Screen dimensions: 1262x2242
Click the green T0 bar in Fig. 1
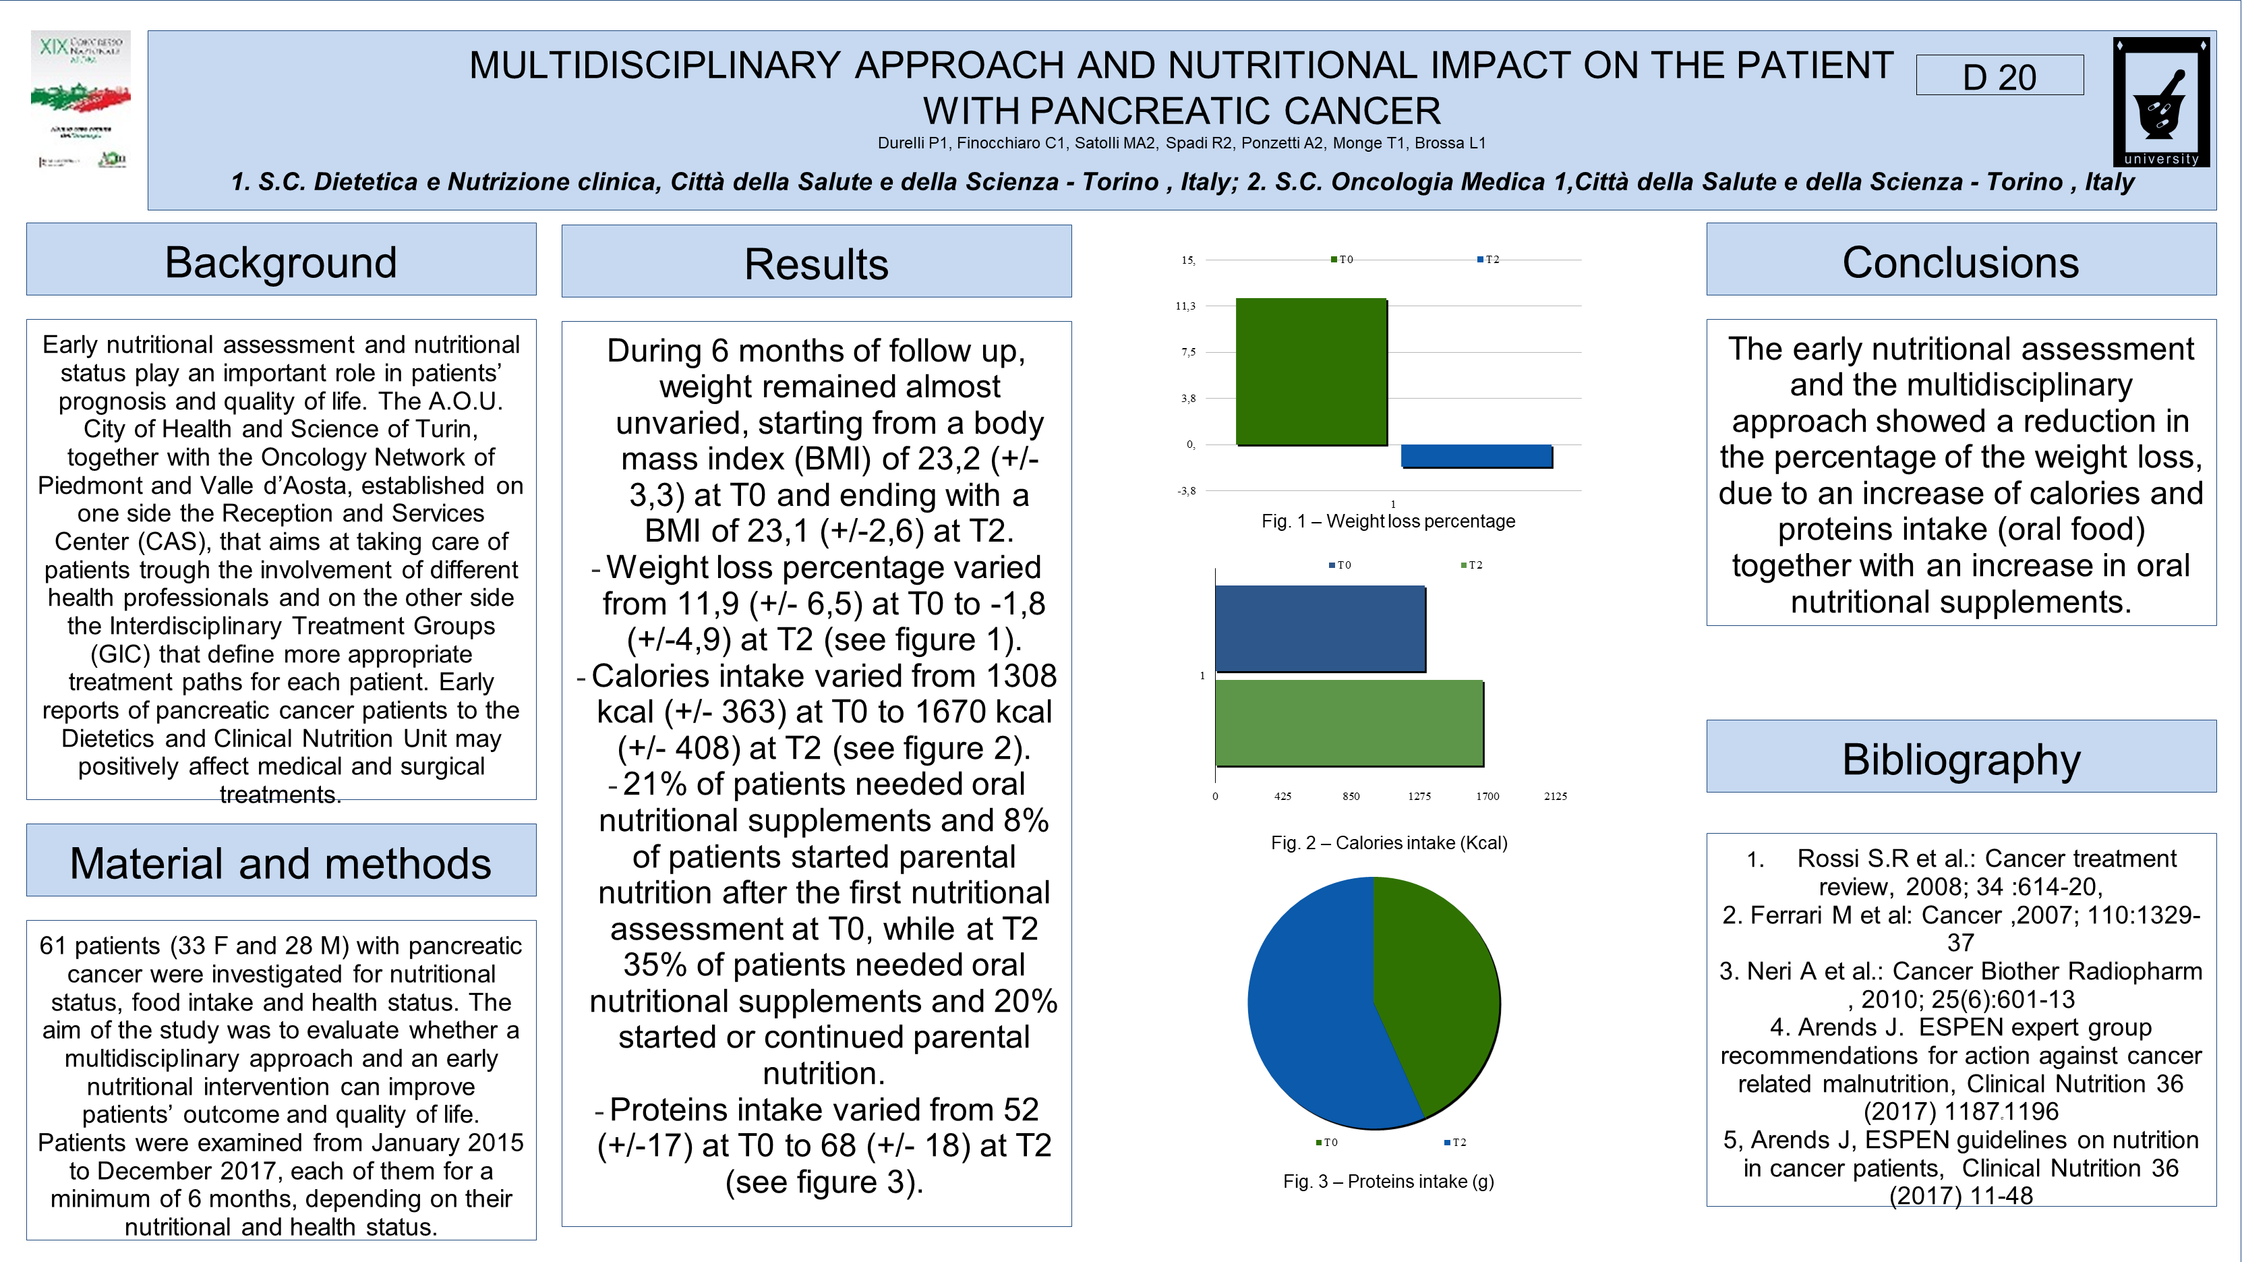point(1311,372)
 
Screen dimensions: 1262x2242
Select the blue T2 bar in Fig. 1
point(1476,456)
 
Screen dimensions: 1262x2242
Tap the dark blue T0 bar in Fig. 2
point(1320,629)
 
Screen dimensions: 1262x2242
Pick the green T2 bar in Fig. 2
point(1349,722)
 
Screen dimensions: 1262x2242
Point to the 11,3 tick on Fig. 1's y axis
point(1185,306)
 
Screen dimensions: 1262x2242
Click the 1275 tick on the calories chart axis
point(1419,795)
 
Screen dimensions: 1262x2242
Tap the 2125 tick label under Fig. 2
point(1556,795)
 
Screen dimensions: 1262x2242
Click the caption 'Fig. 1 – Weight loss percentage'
point(1388,521)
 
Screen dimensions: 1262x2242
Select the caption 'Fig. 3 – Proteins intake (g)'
point(1388,1181)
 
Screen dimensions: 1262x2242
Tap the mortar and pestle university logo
point(2160,102)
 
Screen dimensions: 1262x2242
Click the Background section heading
point(281,261)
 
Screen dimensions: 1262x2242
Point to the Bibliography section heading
point(1961,758)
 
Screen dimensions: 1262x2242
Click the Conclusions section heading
point(1961,261)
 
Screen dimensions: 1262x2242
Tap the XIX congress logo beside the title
point(81,100)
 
